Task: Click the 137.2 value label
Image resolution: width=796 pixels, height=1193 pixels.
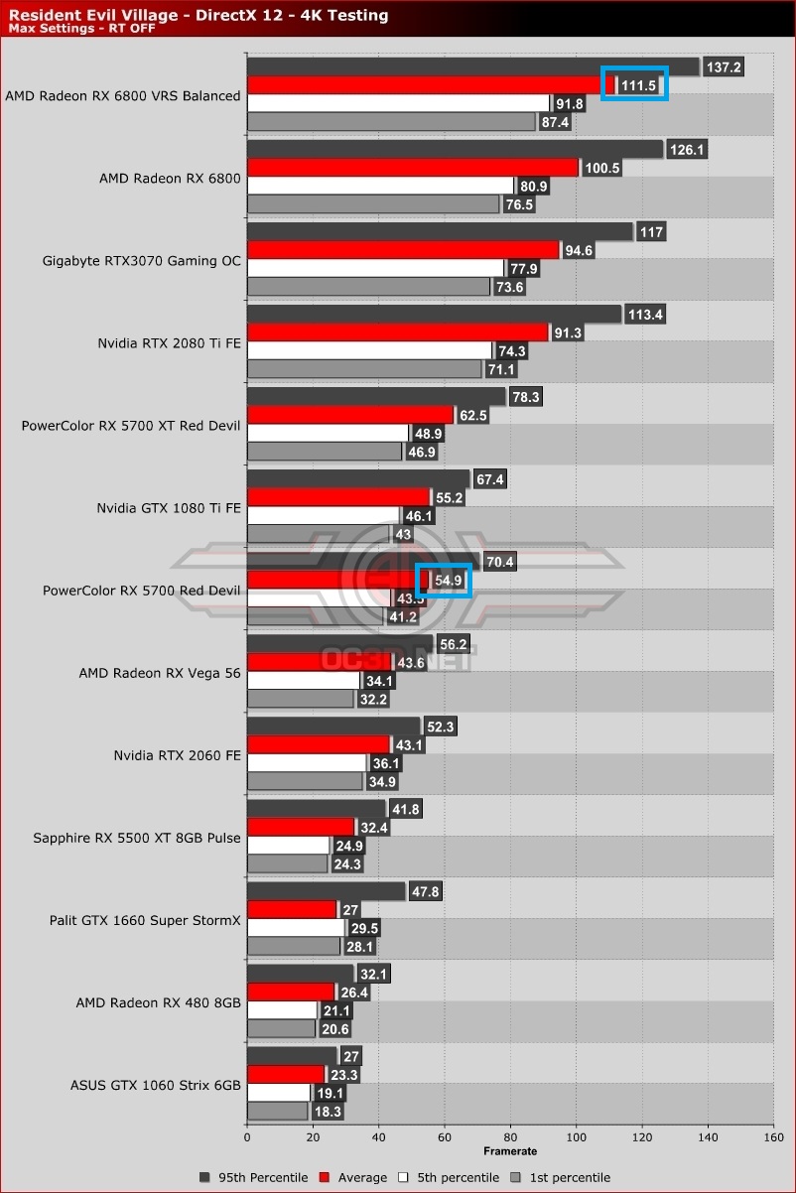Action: (723, 67)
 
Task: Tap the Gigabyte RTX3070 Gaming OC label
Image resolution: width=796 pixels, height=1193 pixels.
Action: (142, 261)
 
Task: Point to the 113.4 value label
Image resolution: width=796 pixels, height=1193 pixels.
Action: (645, 315)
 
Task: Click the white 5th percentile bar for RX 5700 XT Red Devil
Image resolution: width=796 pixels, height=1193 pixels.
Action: (328, 434)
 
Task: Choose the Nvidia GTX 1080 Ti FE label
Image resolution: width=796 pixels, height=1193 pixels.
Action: (169, 507)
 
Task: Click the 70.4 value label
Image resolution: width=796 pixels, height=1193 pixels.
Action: (499, 562)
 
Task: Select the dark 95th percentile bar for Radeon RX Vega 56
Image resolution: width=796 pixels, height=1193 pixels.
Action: (339, 644)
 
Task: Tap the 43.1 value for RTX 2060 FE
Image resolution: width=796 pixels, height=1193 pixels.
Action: (409, 744)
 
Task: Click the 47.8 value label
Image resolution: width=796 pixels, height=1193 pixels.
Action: (425, 891)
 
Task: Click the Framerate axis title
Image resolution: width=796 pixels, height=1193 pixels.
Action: (510, 1151)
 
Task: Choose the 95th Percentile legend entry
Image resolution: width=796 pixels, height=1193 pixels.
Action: (253, 1177)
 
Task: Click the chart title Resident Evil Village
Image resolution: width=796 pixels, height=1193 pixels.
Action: (199, 15)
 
